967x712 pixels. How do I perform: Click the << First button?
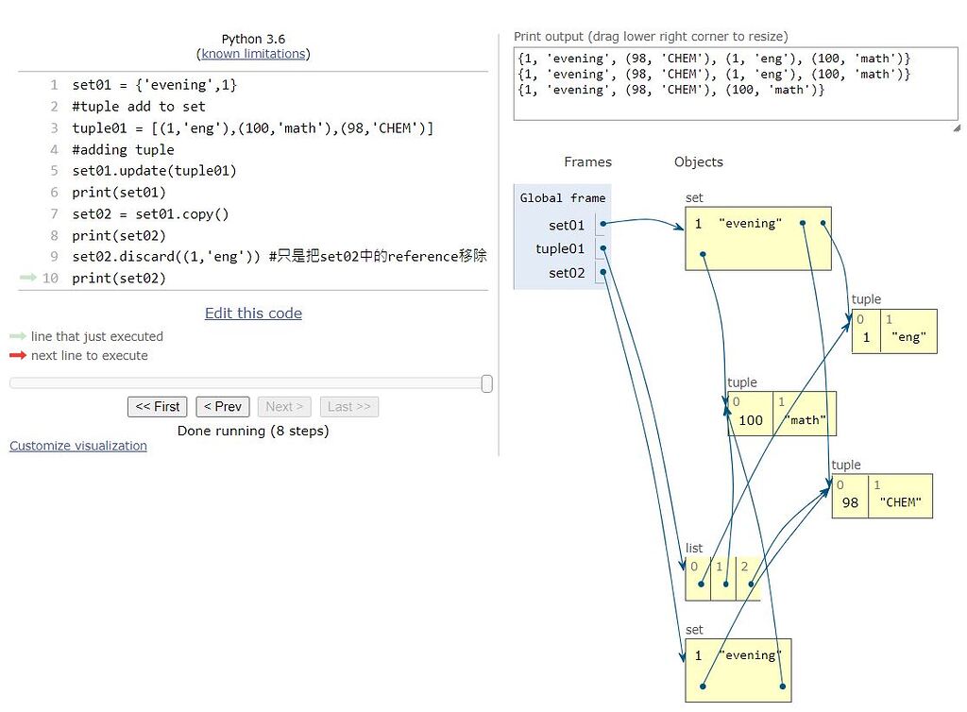tap(157, 406)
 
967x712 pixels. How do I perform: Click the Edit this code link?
tap(253, 314)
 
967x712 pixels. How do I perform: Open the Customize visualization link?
tap(78, 446)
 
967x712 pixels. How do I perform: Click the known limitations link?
tap(253, 54)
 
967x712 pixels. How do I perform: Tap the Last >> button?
tap(348, 406)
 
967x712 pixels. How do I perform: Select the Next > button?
tap(284, 406)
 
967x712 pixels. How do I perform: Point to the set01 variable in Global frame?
tap(566, 225)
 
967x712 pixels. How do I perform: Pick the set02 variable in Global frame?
tap(566, 273)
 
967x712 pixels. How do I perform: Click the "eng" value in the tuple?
tap(908, 337)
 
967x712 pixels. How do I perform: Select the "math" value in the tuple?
tap(806, 420)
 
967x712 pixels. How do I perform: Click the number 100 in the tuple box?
tap(750, 420)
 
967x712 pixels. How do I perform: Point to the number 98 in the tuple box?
tap(850, 502)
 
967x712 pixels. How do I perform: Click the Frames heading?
tap(587, 161)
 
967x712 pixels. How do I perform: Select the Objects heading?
tap(698, 161)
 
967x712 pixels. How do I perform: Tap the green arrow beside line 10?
tap(26, 278)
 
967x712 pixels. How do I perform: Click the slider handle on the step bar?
tap(486, 383)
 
